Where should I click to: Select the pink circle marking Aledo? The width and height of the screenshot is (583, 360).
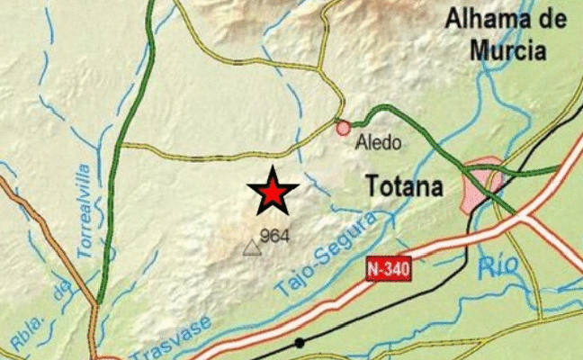(343, 129)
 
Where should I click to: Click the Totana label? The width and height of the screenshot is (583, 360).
(405, 186)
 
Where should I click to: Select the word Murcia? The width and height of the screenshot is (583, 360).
(508, 50)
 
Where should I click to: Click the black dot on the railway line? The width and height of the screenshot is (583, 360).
(300, 343)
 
